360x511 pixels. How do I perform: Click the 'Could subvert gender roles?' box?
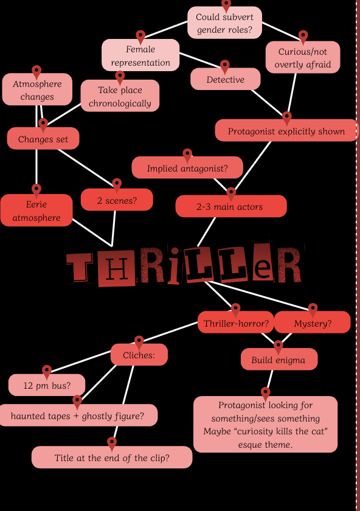(x=224, y=23)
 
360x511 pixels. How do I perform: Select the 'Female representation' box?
(x=140, y=55)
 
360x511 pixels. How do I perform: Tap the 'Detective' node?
(x=226, y=79)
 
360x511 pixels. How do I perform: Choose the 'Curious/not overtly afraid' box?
(x=303, y=57)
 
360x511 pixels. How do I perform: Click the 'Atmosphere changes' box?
(x=37, y=89)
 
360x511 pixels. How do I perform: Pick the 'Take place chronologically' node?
(x=120, y=96)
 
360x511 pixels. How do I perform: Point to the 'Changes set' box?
(x=43, y=139)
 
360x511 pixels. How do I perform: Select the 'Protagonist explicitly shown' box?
(x=286, y=131)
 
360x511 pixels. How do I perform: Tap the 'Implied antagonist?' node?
(x=187, y=168)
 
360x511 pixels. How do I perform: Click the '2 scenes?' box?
(x=117, y=200)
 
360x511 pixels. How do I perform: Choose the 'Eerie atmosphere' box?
(x=36, y=210)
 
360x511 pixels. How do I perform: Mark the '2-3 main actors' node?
(x=231, y=206)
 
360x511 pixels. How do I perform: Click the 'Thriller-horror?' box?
(x=236, y=322)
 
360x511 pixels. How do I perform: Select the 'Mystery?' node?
(x=313, y=322)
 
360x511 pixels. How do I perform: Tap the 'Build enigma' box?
(x=279, y=359)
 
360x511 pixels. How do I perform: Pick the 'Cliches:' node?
(x=139, y=355)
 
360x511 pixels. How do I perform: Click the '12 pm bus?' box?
(x=47, y=385)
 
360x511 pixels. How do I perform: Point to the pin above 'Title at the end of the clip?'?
(x=112, y=443)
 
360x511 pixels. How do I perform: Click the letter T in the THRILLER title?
(x=80, y=266)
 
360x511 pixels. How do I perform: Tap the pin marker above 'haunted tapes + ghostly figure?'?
(x=77, y=401)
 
